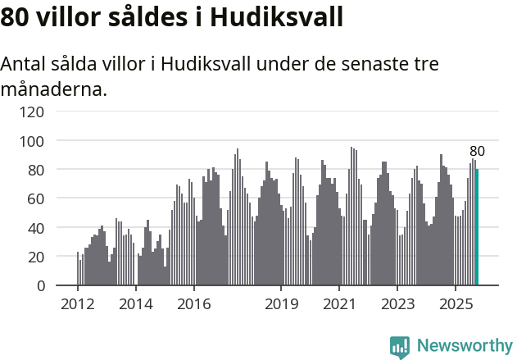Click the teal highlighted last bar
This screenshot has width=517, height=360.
click(477, 227)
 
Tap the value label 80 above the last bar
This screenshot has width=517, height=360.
click(477, 151)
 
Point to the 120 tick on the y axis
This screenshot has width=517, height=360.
click(32, 112)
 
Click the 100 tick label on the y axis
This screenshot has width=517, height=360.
click(32, 141)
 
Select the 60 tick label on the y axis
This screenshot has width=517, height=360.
click(36, 198)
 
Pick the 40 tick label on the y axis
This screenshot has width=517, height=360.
click(36, 227)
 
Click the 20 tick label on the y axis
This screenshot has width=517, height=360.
click(36, 257)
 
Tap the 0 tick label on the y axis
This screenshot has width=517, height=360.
click(40, 285)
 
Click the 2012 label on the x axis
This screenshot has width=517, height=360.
click(78, 304)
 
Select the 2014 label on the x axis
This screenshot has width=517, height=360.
click(136, 304)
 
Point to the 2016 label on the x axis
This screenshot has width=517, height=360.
click(193, 304)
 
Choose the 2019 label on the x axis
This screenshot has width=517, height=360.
click(281, 304)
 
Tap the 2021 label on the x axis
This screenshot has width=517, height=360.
click(338, 304)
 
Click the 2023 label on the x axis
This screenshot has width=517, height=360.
click(397, 304)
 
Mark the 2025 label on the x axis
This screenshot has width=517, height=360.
click(455, 304)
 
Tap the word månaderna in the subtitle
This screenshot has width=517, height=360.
click(54, 89)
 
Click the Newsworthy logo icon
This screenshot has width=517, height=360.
click(400, 346)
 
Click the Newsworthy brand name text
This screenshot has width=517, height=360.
click(464, 346)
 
